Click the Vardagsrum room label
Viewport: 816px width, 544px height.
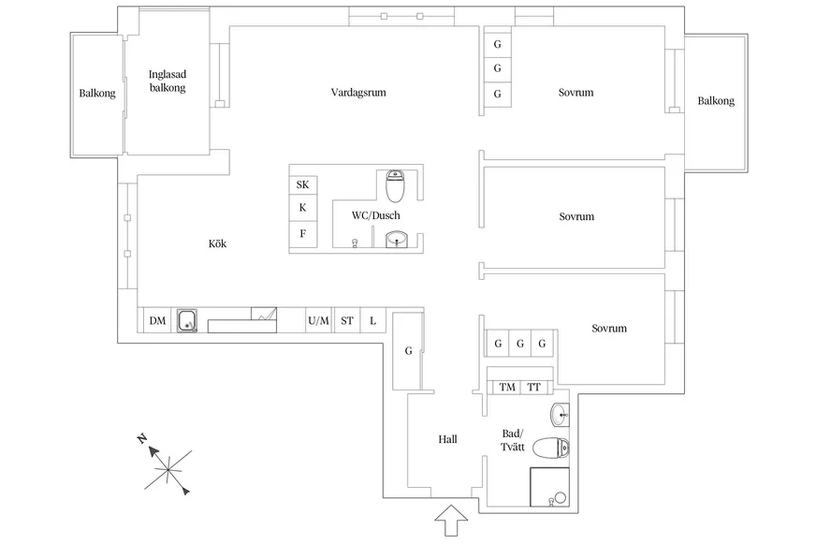tap(358, 93)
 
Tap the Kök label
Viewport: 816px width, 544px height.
tap(217, 243)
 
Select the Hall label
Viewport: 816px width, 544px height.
tap(447, 439)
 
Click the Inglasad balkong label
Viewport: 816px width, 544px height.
tap(168, 81)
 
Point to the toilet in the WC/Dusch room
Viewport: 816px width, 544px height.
tap(395, 185)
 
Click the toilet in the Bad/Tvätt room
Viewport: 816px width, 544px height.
tap(551, 448)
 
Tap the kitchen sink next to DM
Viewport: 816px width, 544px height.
tap(187, 320)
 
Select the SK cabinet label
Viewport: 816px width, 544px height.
tap(302, 184)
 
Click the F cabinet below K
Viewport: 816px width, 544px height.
tap(303, 234)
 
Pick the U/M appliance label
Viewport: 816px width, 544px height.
tap(318, 320)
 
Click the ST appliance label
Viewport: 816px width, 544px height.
tap(347, 320)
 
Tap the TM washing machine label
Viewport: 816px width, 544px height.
tap(507, 388)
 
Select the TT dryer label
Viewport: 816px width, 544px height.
tap(534, 388)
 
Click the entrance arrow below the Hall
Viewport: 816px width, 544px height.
tap(451, 520)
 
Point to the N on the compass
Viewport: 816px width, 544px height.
tap(141, 438)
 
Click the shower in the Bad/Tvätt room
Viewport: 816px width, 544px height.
tap(549, 487)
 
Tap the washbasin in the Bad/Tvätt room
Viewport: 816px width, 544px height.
tap(560, 415)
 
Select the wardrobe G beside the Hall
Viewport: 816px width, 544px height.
tap(409, 351)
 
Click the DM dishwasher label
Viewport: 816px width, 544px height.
tap(158, 320)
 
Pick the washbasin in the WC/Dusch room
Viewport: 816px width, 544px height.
tap(397, 240)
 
